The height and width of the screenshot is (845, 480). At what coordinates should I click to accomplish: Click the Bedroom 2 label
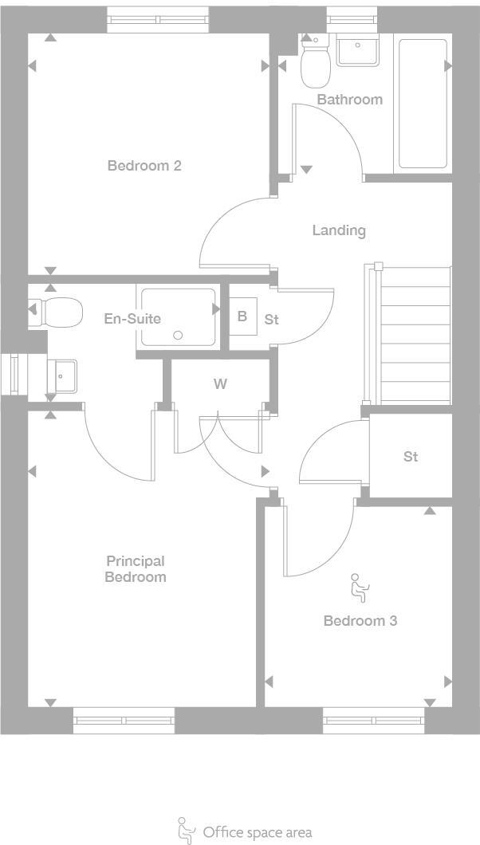(144, 166)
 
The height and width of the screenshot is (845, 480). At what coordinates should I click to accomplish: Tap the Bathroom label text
(349, 100)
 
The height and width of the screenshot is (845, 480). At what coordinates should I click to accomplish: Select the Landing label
(338, 230)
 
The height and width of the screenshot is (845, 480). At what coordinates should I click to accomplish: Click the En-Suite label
(132, 319)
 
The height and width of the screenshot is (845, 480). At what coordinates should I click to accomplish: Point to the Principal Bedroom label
(136, 569)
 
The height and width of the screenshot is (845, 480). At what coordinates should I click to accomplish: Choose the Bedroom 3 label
(360, 620)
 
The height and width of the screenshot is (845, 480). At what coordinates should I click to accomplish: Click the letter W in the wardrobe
(220, 384)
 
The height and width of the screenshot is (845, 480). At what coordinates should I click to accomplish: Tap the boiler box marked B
(242, 316)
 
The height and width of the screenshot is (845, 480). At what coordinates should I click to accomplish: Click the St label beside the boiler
(271, 320)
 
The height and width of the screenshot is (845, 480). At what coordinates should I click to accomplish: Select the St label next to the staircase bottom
(411, 457)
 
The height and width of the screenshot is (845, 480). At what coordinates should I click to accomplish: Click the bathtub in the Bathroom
(423, 104)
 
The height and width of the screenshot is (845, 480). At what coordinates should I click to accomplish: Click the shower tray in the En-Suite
(179, 316)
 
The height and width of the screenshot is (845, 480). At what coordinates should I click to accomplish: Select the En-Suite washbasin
(61, 375)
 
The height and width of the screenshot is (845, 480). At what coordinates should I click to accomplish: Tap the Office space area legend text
(257, 832)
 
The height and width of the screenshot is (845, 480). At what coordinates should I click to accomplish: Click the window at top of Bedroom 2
(157, 19)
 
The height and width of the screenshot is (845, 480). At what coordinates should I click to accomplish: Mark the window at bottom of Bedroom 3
(374, 721)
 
